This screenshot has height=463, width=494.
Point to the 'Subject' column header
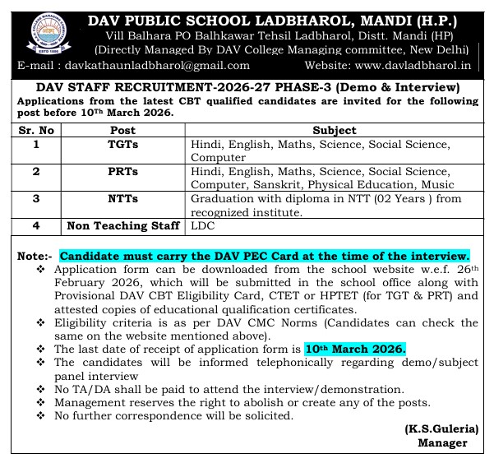click(335, 130)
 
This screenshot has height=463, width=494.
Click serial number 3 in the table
click(36, 198)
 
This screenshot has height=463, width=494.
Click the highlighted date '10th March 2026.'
click(355, 349)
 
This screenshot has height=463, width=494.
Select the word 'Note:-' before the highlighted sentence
click(35, 257)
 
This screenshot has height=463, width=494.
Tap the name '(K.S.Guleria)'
click(440, 430)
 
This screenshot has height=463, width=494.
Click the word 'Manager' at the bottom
click(444, 443)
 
